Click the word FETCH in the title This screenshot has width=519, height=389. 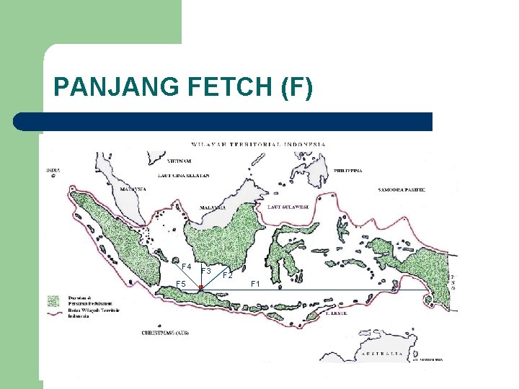click(x=233, y=87)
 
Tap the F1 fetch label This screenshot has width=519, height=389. click(x=255, y=284)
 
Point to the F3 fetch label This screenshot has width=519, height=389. click(x=205, y=271)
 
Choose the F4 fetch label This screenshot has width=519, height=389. click(x=186, y=267)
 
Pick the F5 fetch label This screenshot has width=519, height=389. click(x=182, y=284)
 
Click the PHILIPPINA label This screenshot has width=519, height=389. click(x=349, y=171)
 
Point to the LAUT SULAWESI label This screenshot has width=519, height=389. click(x=289, y=207)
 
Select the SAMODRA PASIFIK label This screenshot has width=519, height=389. click(x=402, y=190)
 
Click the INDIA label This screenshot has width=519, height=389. click(x=53, y=170)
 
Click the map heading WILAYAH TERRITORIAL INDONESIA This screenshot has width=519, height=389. click(x=258, y=144)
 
